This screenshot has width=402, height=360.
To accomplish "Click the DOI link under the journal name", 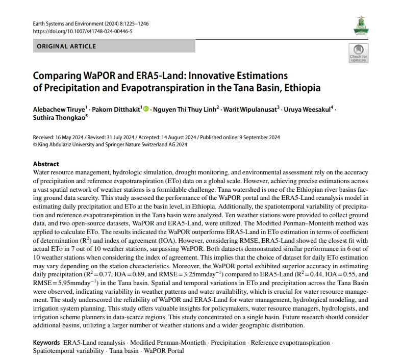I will [83, 31].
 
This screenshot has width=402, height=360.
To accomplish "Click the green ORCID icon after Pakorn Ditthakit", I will [146, 109].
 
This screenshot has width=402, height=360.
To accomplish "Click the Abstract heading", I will [46, 164].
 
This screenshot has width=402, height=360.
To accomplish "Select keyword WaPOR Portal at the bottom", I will [164, 351].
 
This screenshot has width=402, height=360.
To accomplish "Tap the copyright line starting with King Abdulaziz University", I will [112, 144].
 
